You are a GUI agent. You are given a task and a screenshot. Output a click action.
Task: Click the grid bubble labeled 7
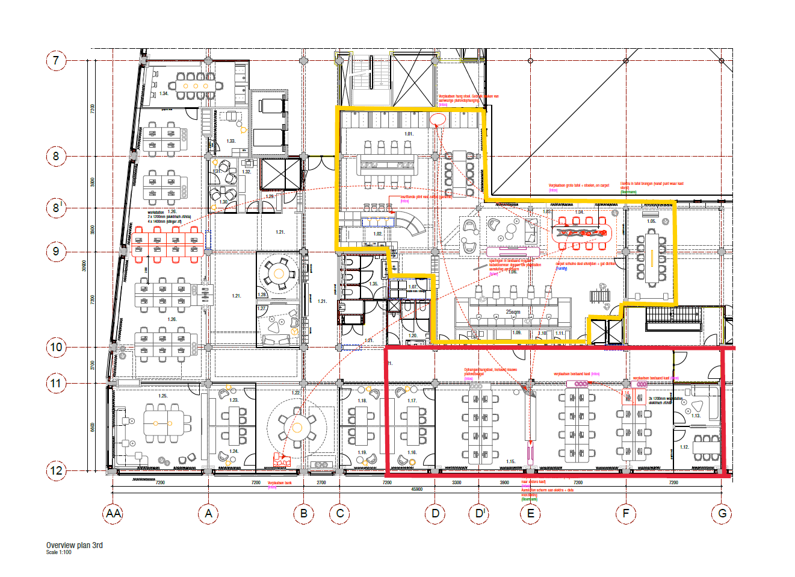(56, 60)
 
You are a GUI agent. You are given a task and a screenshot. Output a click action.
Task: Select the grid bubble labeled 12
(56, 470)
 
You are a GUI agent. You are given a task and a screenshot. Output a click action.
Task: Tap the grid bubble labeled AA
(113, 514)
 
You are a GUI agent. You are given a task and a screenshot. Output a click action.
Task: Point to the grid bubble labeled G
(722, 514)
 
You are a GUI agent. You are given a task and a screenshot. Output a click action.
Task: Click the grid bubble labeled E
(530, 514)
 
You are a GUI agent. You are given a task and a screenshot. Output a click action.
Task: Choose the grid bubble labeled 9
(56, 251)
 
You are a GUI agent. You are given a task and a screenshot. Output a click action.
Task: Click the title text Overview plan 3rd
(74, 545)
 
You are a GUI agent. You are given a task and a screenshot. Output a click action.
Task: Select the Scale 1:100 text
(58, 552)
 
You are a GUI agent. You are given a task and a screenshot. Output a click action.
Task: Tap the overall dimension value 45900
(416, 489)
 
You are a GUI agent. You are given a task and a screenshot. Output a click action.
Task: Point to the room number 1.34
(164, 93)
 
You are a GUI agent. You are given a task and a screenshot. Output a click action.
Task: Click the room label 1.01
(409, 134)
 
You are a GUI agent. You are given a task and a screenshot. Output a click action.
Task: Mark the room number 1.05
(651, 221)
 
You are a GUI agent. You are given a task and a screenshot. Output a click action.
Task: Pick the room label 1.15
(510, 462)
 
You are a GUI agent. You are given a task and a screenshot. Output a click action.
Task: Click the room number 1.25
(162, 396)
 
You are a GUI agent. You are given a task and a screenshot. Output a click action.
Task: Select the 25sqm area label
(513, 312)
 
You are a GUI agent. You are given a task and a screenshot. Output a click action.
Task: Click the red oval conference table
(581, 232)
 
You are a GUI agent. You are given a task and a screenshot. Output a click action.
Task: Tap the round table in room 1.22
(297, 428)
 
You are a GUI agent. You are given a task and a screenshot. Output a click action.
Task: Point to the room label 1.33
(230, 141)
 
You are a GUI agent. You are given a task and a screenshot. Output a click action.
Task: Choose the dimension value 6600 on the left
(92, 427)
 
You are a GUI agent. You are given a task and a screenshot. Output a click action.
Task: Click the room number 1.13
(696, 416)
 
